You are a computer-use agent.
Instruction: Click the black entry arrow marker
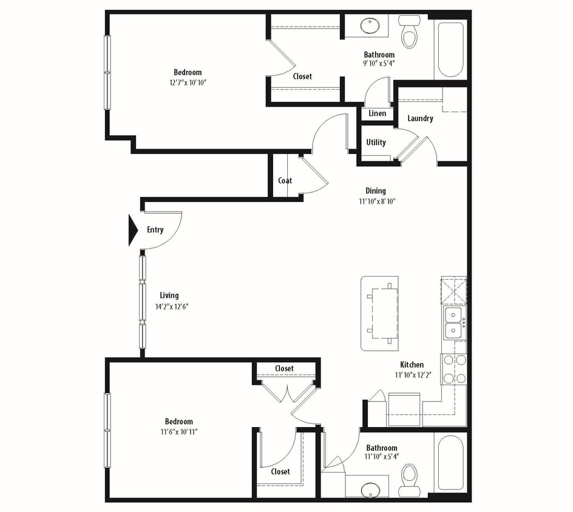133,231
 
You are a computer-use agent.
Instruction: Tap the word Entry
155,230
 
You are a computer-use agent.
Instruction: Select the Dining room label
376,190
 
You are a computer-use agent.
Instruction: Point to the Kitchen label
412,365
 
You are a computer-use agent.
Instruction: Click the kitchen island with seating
380,313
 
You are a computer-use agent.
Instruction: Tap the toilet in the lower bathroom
410,477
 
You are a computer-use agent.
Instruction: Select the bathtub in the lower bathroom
450,464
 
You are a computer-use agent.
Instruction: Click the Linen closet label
377,113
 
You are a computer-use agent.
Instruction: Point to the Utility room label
376,143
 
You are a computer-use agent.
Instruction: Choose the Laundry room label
420,118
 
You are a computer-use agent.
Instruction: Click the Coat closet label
285,180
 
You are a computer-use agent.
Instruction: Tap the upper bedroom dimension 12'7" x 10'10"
188,83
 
